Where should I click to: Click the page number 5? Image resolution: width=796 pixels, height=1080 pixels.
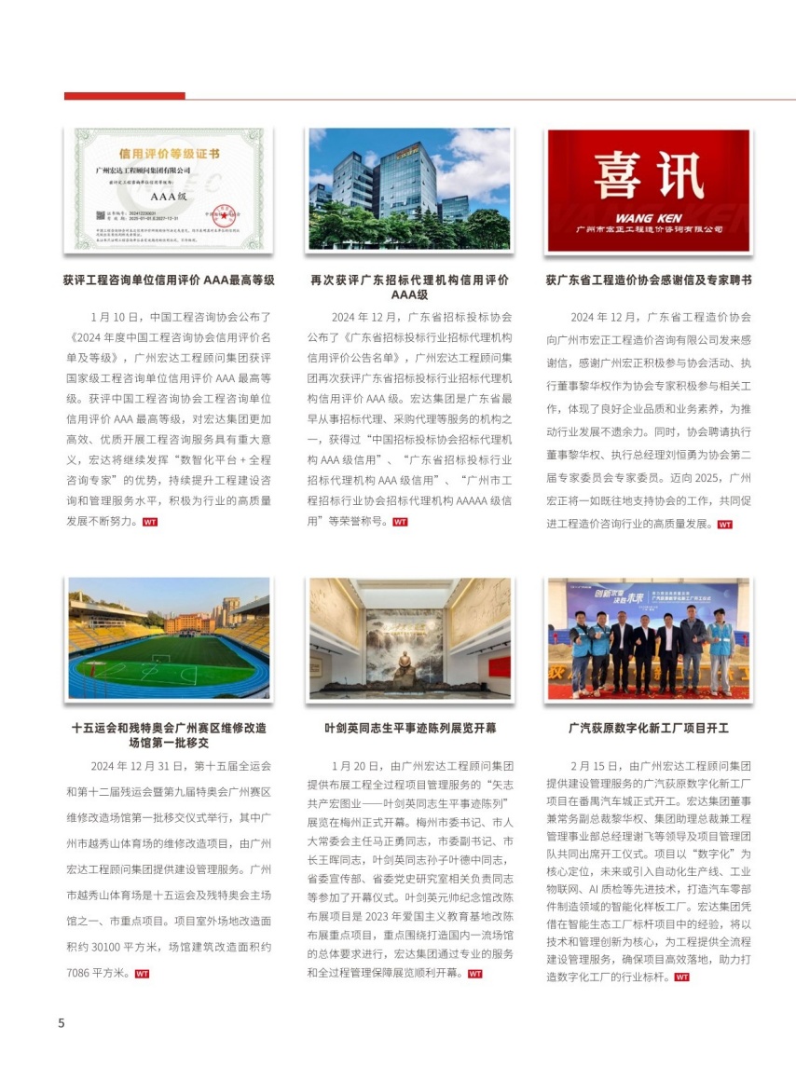coord(62,1022)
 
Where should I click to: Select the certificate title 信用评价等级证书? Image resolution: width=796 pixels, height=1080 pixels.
coord(169,154)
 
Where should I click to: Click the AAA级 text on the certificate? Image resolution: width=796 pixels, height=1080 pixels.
coord(170,197)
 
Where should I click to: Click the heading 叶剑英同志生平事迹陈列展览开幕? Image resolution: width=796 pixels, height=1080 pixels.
coord(409,727)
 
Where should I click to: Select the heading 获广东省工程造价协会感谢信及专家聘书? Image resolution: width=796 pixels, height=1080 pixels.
coord(649,280)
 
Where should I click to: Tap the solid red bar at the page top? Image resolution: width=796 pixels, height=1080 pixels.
coord(124,95)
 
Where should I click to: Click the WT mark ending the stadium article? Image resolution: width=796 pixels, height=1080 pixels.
coord(142,974)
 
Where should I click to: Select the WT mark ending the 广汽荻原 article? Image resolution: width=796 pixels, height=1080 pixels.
coord(681,977)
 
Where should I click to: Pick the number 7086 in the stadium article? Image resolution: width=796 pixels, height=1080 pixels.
coord(84,974)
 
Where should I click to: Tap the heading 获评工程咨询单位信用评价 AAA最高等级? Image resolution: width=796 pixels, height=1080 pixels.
coord(169,280)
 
